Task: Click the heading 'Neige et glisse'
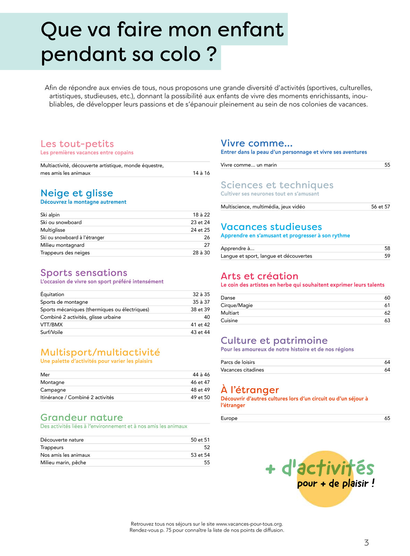click(77, 193)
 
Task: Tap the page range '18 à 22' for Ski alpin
click(201, 215)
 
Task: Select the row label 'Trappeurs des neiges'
click(65, 253)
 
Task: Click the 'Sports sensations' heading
click(84, 273)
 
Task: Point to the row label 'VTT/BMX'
click(51, 325)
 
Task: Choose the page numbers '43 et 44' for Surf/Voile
click(200, 332)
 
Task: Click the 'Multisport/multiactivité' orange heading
click(100, 352)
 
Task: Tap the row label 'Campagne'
click(53, 390)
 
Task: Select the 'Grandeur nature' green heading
click(82, 418)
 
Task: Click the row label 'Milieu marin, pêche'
click(63, 463)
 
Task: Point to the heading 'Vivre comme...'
click(257, 143)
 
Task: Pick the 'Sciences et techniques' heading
click(277, 185)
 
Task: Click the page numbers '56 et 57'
click(380, 207)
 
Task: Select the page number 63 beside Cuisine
click(387, 320)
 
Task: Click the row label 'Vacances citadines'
click(242, 370)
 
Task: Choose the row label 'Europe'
click(229, 418)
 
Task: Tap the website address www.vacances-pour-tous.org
click(249, 524)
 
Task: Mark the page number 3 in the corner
click(366, 543)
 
